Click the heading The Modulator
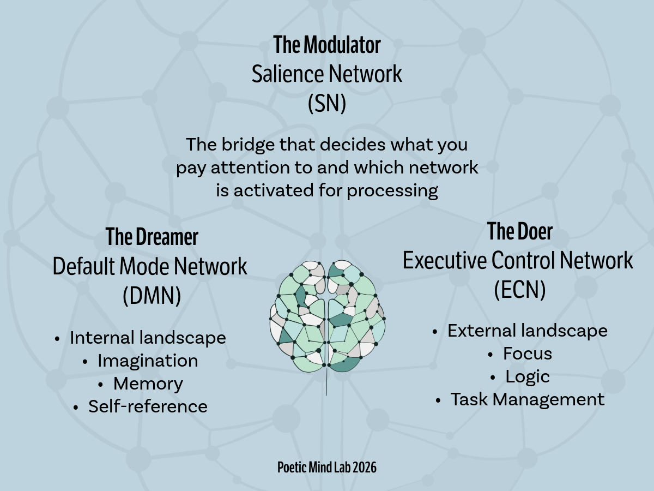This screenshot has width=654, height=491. [327, 45]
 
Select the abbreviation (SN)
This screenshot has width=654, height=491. [327, 103]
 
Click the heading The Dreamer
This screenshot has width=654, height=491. [152, 237]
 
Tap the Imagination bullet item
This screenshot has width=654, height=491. [147, 361]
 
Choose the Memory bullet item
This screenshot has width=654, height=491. [148, 384]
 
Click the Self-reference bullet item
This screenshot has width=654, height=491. [148, 406]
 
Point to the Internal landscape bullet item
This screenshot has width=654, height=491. [148, 338]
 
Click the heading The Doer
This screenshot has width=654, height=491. [519, 231]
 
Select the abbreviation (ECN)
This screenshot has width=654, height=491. [519, 290]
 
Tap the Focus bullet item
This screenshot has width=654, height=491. [527, 354]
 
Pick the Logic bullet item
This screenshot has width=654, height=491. [527, 376]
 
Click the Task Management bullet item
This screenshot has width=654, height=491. [527, 399]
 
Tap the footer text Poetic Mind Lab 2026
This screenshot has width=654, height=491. [327, 468]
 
